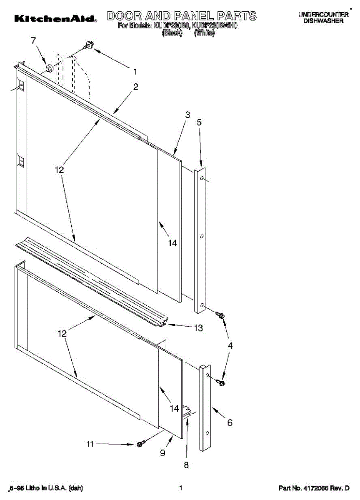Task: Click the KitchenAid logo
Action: [x=56, y=19]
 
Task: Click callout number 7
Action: [x=34, y=40]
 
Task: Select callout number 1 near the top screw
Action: [x=135, y=71]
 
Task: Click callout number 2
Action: [x=135, y=87]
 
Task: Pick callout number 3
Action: [x=187, y=115]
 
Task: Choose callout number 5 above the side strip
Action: [x=199, y=122]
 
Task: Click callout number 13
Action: [x=198, y=328]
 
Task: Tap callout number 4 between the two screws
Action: [x=230, y=345]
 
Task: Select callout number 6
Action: [x=230, y=423]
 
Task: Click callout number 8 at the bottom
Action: [x=186, y=465]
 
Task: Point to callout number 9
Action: [x=162, y=452]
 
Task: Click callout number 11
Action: [x=90, y=444]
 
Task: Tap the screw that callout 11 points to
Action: [x=140, y=444]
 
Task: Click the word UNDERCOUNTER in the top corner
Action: [x=323, y=15]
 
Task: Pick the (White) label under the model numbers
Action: [x=204, y=33]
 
